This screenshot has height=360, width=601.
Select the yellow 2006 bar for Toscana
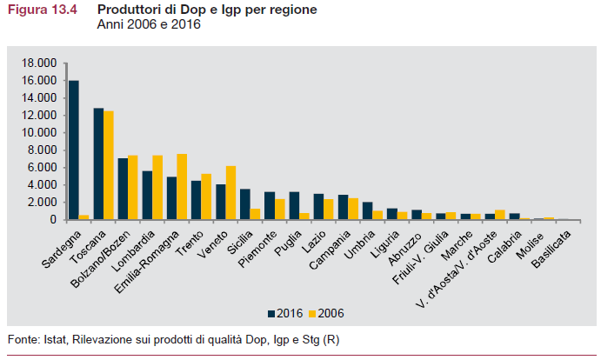coord(109,165)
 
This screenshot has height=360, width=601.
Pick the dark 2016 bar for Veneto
coord(221,202)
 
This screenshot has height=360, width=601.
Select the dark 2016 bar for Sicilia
coord(245,204)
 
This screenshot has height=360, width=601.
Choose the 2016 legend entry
coord(284,312)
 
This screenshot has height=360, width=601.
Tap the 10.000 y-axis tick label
coord(38,132)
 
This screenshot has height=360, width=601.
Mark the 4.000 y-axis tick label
coord(42,184)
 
